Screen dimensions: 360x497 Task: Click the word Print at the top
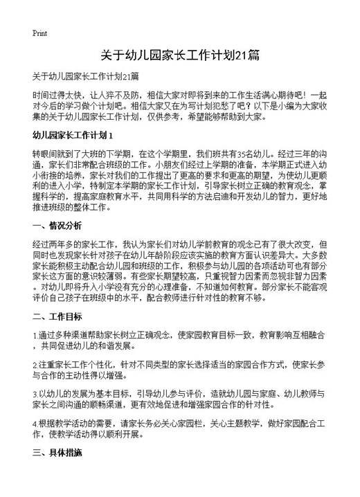click(x=39, y=33)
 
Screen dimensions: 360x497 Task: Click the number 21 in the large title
click(x=239, y=55)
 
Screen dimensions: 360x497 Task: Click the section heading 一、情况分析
click(x=57, y=226)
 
